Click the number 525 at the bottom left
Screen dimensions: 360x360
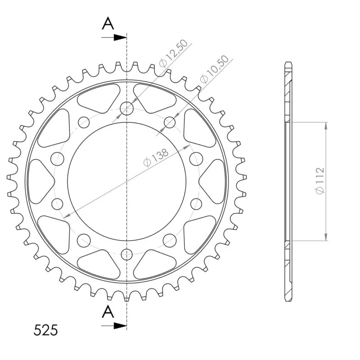45,330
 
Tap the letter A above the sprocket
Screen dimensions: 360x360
108,24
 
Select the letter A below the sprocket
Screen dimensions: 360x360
108,311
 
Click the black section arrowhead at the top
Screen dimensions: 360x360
120,37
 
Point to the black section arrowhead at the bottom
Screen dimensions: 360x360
120,325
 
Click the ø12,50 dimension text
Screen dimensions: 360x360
173,54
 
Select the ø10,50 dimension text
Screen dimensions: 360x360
214,69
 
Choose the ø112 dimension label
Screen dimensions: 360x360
320,181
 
